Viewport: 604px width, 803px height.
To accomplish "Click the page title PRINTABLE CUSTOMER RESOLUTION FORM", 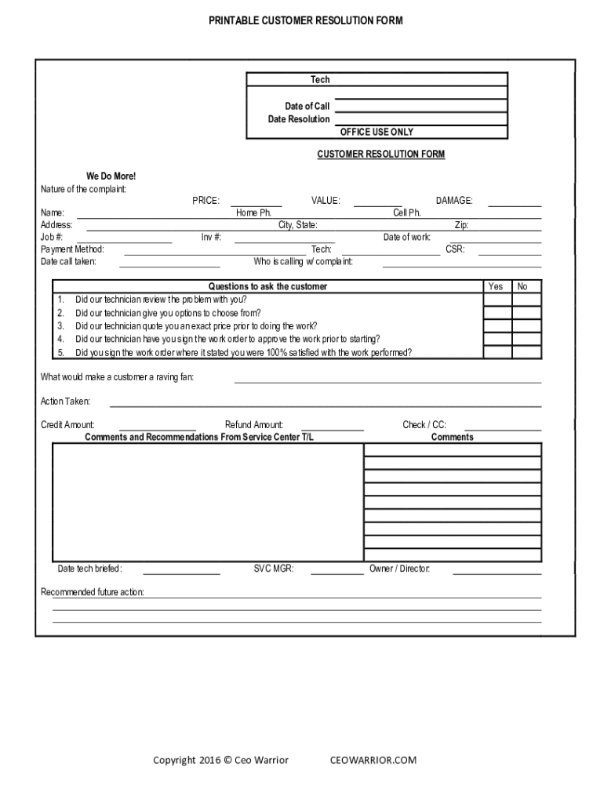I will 305,21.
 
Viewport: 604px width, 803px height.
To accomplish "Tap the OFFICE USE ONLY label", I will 377,132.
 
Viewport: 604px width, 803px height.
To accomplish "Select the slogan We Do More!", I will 111,176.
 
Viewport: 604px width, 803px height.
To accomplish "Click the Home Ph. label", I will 253,213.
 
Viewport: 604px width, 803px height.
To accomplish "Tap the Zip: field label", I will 461,225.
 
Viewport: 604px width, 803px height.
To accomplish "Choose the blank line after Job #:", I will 128,241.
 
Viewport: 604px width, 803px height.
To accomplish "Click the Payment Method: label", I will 72,249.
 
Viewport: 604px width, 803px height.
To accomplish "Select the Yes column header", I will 496,286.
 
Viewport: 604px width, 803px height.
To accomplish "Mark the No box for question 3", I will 526,326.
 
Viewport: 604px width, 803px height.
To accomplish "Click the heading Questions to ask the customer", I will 267,286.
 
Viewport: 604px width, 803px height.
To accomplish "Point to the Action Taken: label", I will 65,401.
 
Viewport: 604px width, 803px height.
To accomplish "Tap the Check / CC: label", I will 424,424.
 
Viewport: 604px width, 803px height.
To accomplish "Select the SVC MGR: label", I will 274,569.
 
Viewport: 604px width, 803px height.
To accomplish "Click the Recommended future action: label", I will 92,592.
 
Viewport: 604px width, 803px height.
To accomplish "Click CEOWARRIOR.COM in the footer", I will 373,760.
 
